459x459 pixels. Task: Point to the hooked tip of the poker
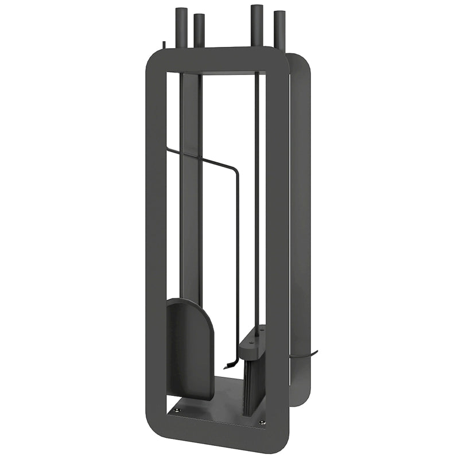pos(229,361)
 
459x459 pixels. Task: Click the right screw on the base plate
pos(262,423)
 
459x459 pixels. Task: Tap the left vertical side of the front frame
pos(156,241)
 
